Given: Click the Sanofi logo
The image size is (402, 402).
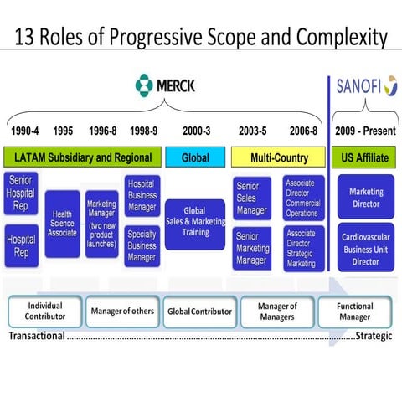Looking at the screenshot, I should [366, 85].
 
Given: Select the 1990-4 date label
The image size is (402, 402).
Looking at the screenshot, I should [26, 131].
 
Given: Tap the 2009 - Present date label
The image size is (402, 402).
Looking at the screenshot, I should [365, 131].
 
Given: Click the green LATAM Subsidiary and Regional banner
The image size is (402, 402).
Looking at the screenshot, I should [82, 157].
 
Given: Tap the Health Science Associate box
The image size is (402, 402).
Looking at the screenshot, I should [63, 223].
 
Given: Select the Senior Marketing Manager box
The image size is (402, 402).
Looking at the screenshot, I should [252, 248].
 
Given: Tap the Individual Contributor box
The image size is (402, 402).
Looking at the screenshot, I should [44, 312].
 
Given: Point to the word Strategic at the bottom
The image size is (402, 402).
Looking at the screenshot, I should [375, 337].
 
